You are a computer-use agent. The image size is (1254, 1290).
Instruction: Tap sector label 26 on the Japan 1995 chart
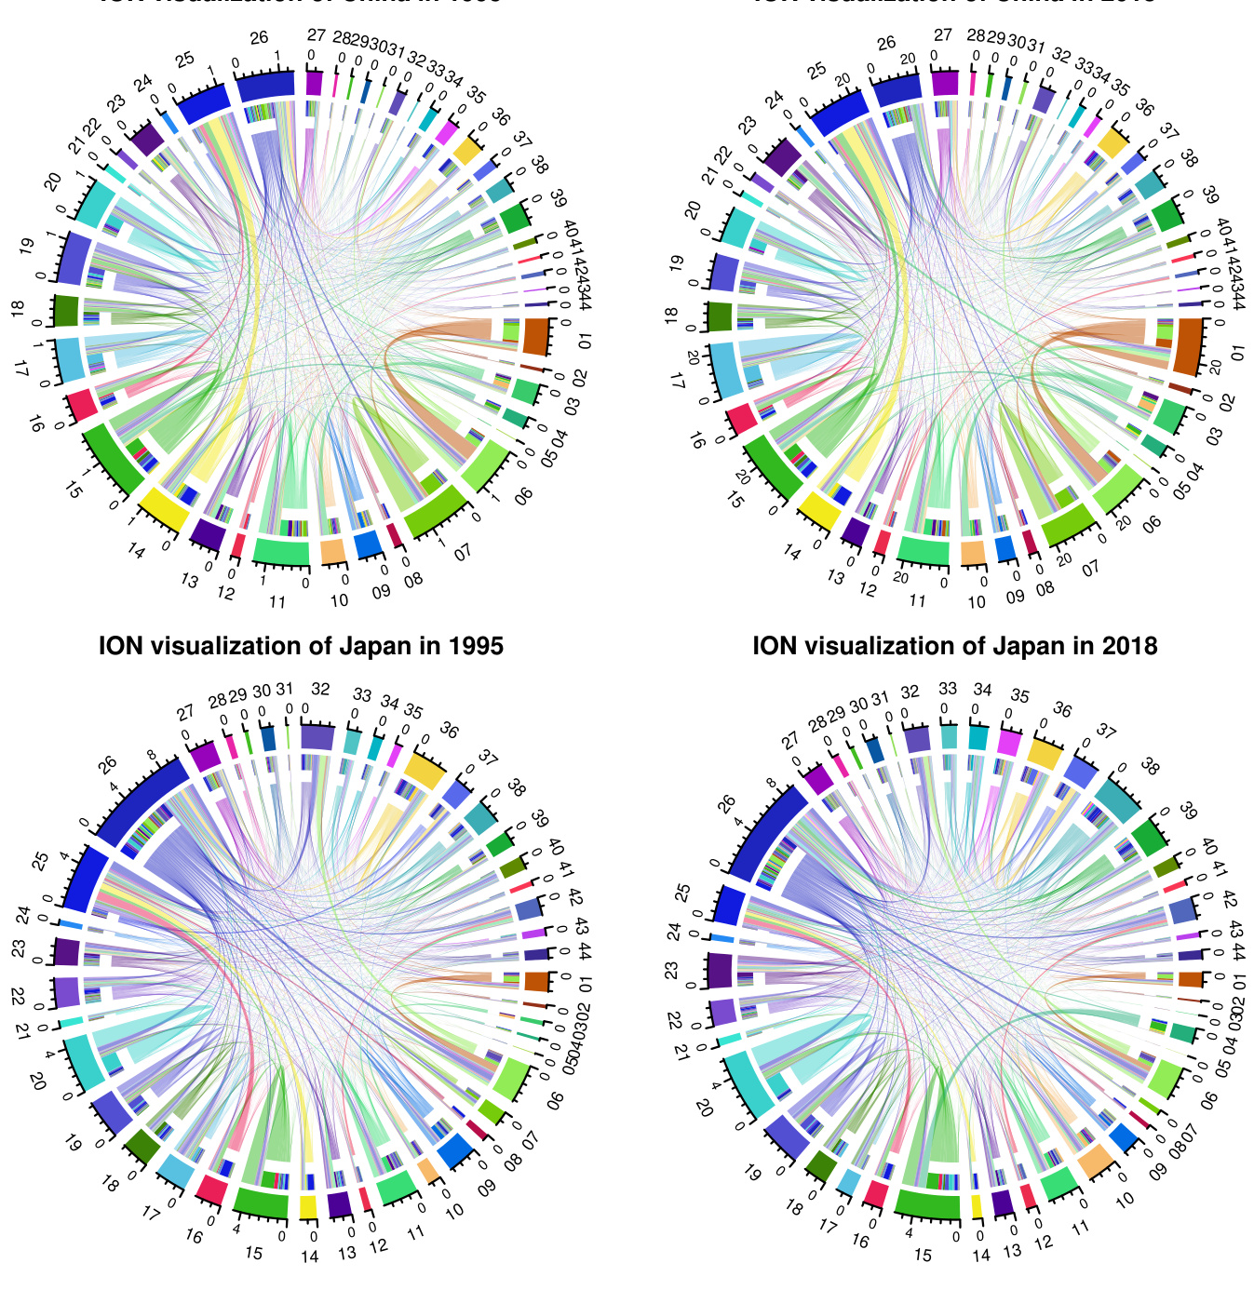108,765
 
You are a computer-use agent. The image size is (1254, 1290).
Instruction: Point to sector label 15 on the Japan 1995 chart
252,1253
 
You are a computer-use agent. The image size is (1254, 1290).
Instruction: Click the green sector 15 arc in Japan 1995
260,1203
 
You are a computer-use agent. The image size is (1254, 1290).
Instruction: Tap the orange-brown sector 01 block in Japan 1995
536,981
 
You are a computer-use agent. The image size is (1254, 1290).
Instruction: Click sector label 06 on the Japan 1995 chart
557,1099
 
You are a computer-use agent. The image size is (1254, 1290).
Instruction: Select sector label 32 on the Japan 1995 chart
320,690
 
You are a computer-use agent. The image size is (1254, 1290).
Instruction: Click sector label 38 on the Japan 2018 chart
1150,767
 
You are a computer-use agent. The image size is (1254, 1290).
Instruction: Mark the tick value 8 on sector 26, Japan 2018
771,783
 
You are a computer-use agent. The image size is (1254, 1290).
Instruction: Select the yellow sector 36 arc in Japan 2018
1043,753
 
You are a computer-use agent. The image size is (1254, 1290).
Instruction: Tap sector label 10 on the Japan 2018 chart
1125,1198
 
